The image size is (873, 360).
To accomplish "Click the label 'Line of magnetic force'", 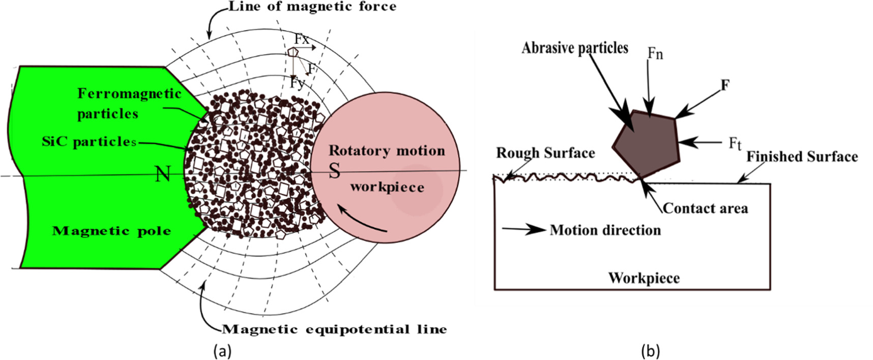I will click(x=312, y=7).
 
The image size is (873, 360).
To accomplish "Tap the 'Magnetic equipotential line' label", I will click(x=335, y=329).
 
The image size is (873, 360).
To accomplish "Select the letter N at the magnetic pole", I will click(x=163, y=174).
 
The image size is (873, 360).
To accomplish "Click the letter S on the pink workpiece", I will click(x=334, y=171).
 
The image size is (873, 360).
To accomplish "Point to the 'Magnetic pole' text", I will click(x=111, y=231).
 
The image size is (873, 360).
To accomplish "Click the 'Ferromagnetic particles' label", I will click(x=129, y=103).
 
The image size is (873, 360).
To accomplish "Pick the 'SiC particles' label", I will click(x=89, y=142).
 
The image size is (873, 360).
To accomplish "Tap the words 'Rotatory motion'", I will click(x=387, y=151).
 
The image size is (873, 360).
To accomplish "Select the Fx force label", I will click(x=301, y=39).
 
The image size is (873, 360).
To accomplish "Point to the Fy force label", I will click(x=297, y=82).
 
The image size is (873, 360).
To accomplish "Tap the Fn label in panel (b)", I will click(x=655, y=53).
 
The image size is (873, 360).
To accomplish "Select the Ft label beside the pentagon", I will click(x=735, y=144).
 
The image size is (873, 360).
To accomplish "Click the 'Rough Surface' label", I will click(x=545, y=153).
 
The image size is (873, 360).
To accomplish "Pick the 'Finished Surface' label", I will click(x=802, y=157).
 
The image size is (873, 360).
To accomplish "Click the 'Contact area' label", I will click(x=705, y=208).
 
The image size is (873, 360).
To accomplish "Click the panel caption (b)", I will click(x=651, y=351).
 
